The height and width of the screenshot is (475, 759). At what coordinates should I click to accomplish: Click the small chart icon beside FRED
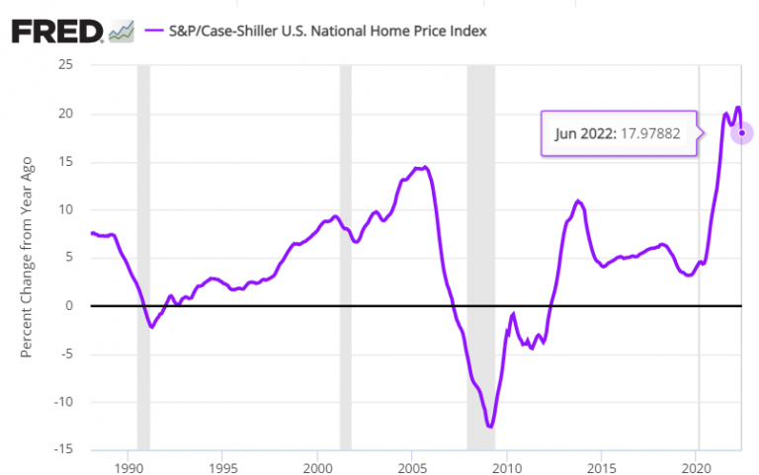[122, 31]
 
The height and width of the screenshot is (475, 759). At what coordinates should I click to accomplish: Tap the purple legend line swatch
[154, 31]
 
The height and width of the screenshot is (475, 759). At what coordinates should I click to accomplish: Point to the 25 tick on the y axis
[68, 65]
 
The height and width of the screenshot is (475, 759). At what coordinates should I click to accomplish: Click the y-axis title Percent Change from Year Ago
[27, 258]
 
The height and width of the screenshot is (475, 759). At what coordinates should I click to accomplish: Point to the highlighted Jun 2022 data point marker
[741, 132]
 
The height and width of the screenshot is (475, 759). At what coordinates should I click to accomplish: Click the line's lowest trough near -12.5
[489, 427]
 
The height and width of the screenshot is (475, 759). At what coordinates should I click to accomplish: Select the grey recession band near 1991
[143, 257]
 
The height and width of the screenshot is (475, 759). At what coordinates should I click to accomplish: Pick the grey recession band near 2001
[345, 257]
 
